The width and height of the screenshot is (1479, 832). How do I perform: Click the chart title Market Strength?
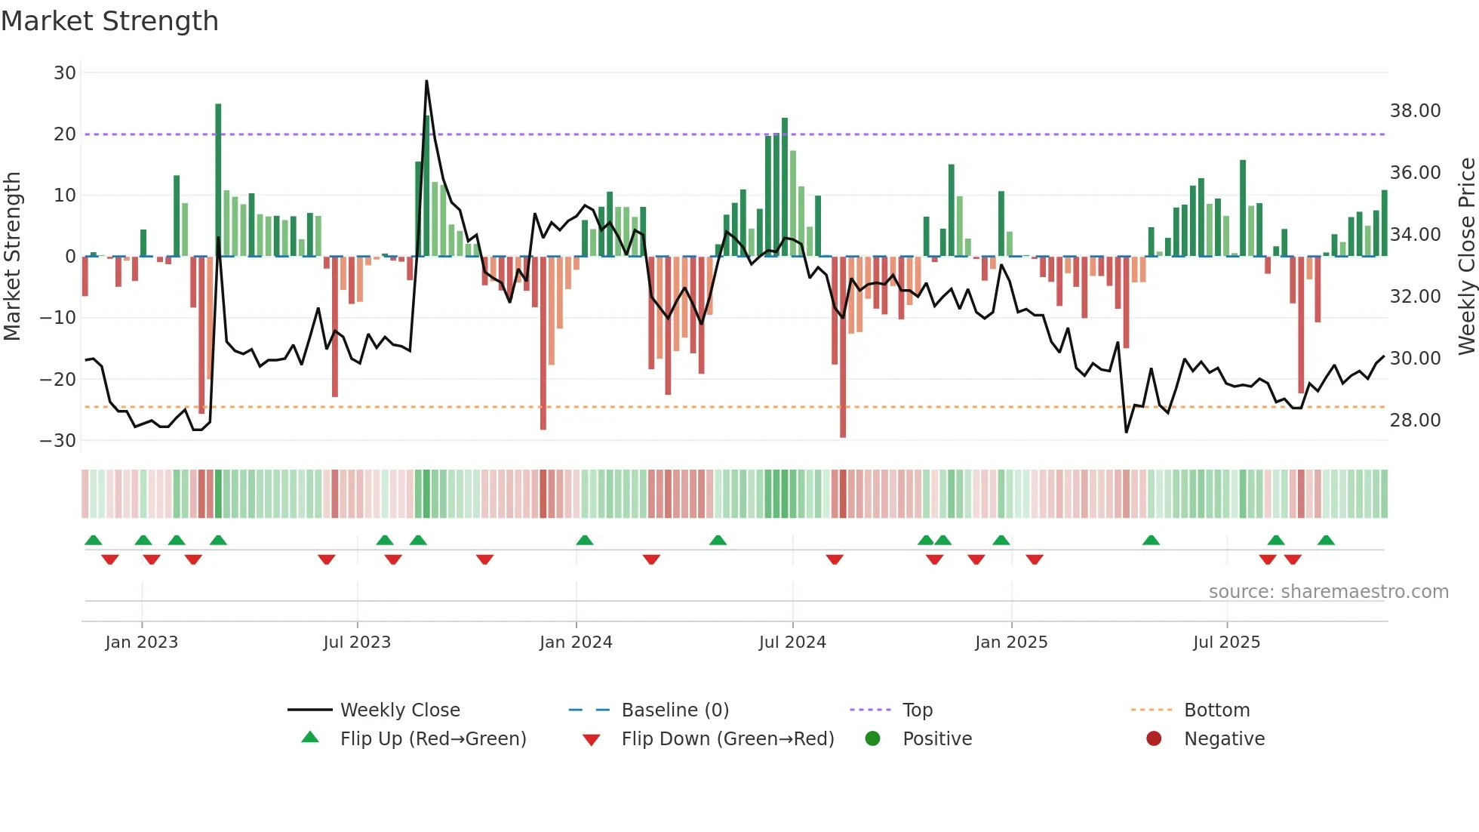pos(110,21)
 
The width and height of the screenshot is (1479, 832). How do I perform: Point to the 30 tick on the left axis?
pos(65,73)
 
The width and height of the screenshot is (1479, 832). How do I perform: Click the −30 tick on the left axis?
pos(59,440)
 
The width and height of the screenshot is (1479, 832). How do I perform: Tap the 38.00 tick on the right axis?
pos(1415,111)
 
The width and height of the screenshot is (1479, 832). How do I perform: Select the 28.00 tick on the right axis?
pos(1415,421)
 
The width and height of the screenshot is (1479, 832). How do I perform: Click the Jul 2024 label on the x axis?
pos(792,642)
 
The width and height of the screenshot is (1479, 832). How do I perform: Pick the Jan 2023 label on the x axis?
pos(142,642)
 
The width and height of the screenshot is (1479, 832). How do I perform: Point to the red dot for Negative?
pos(1154,739)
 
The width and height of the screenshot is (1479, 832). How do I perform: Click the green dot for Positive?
pos(873,739)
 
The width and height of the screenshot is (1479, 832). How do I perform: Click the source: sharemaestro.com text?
pos(1328,592)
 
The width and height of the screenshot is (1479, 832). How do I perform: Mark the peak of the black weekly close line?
pos(426,81)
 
